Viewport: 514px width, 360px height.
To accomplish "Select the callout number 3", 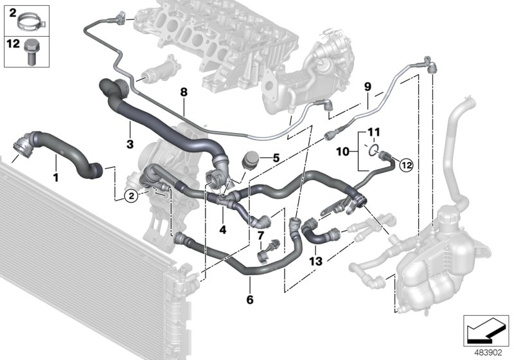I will (130, 145).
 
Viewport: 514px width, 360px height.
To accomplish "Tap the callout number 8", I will (184, 93).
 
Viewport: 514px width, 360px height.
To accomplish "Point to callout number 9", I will (368, 85).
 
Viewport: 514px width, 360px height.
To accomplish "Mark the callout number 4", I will (223, 229).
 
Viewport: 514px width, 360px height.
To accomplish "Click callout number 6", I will (250, 300).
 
